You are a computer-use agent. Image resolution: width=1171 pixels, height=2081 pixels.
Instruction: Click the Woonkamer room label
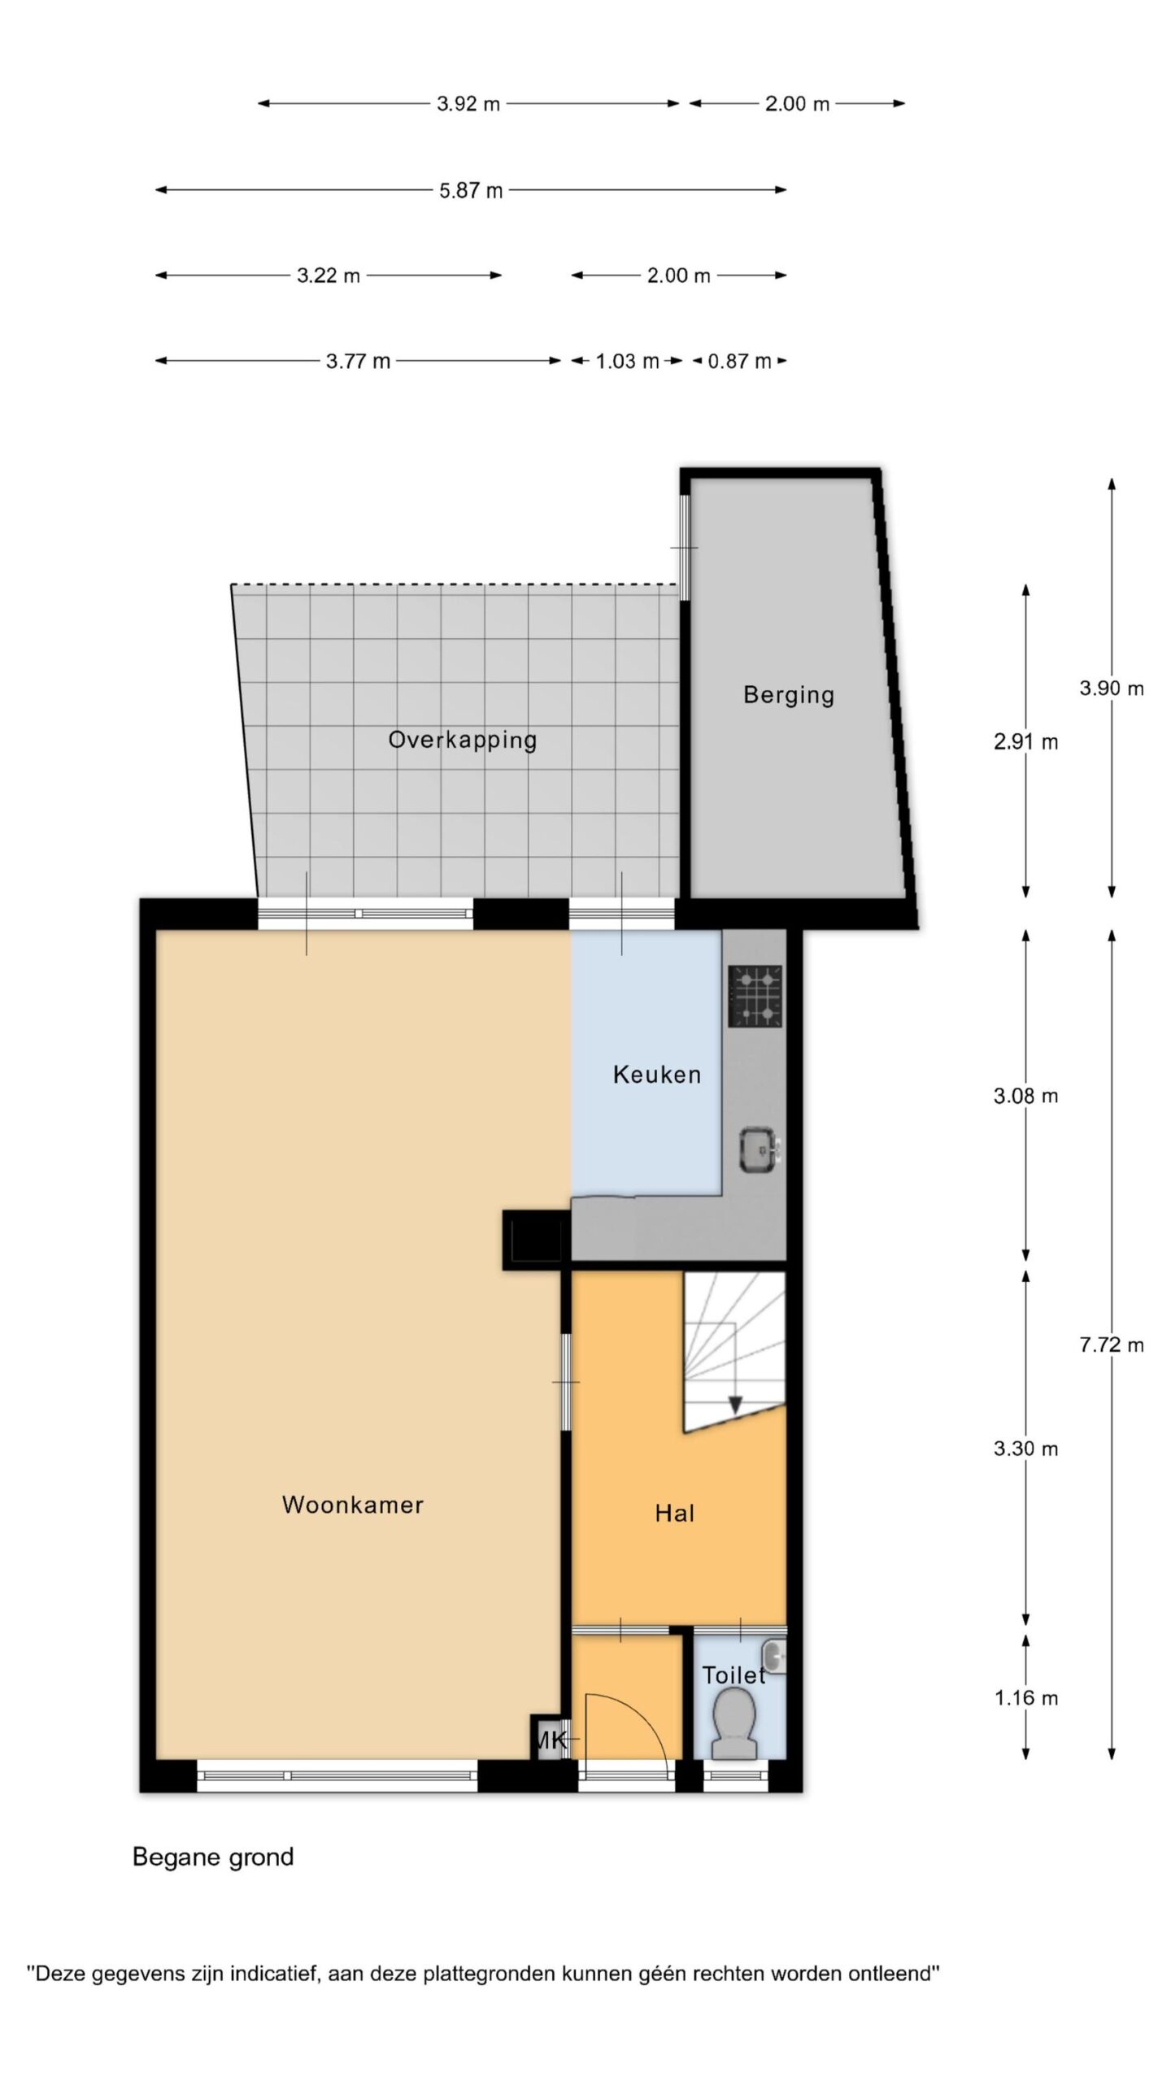click(352, 1505)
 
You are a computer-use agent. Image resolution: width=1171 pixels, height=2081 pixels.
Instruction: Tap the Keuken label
click(656, 1075)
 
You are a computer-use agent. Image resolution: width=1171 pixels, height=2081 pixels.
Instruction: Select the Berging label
click(789, 695)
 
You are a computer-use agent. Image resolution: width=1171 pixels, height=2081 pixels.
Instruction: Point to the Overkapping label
click(462, 740)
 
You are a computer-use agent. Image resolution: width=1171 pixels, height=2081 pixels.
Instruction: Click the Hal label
click(674, 1513)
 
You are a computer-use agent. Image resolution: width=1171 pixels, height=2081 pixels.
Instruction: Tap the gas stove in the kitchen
click(755, 996)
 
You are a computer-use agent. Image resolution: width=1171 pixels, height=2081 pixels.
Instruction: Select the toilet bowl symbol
click(734, 1723)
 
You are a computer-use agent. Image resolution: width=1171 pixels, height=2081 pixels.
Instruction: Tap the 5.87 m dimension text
click(471, 190)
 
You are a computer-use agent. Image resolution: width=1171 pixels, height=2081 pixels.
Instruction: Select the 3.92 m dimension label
click(468, 104)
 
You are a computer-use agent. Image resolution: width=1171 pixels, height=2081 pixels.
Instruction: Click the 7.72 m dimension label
click(1112, 1345)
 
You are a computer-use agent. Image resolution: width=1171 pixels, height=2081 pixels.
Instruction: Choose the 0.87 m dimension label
click(739, 361)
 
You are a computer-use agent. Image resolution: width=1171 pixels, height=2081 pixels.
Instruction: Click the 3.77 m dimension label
click(358, 361)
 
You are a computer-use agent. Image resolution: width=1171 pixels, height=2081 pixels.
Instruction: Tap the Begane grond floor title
click(213, 1857)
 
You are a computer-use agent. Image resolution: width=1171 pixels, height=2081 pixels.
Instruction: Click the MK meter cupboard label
click(551, 1740)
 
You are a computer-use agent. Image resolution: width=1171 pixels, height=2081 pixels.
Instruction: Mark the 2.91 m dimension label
click(1026, 741)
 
